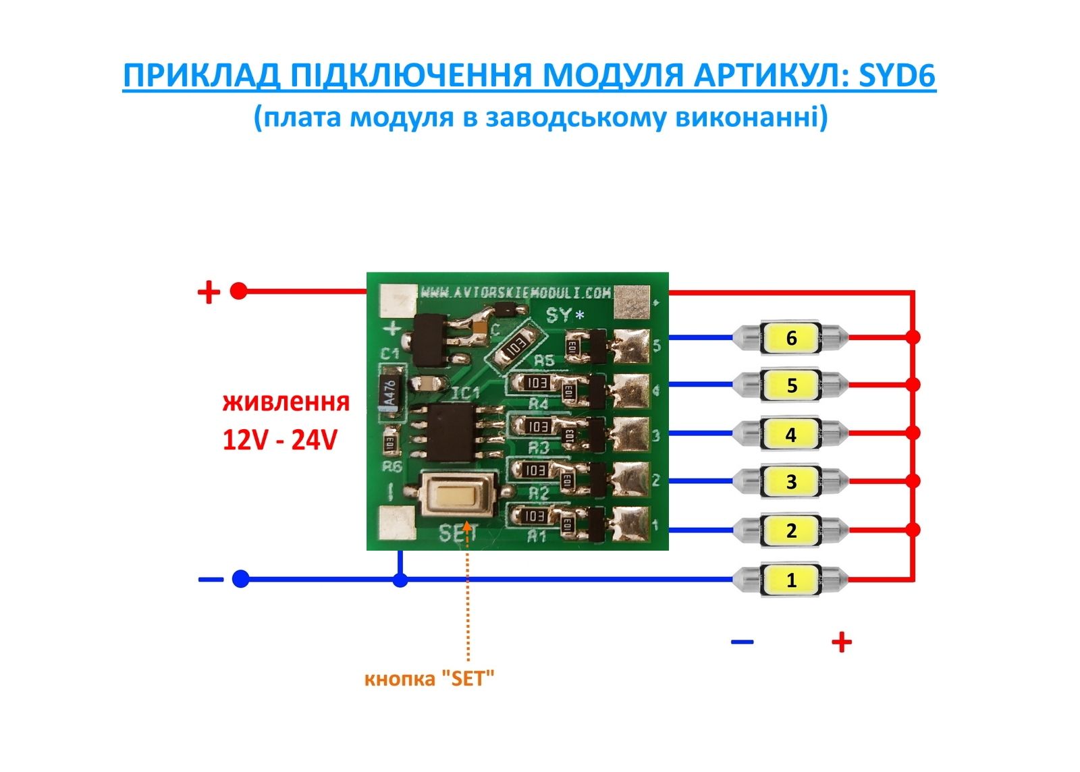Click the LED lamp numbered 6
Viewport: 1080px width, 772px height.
pos(791,337)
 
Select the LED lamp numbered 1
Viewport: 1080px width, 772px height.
pos(791,580)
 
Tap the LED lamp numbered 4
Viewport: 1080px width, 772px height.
pos(791,434)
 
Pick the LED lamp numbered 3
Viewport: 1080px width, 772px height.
pos(791,482)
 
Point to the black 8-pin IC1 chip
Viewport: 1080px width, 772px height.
pos(454,431)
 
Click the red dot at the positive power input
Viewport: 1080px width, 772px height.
pos(238,291)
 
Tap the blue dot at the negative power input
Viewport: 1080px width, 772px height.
pos(241,579)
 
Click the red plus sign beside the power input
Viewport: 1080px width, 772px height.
pos(209,292)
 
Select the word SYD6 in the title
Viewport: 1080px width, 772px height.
pos(897,76)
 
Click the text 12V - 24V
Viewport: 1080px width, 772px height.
pos(279,440)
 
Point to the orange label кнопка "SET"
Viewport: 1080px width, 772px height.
pos(429,678)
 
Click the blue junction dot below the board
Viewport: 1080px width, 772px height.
pos(400,579)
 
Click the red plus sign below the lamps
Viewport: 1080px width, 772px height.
pos(841,642)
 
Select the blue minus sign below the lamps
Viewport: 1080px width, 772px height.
pos(742,642)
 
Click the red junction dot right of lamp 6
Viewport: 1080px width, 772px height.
pos(913,337)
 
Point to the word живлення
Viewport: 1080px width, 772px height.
pos(286,402)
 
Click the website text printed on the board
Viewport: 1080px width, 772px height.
pos(516,293)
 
